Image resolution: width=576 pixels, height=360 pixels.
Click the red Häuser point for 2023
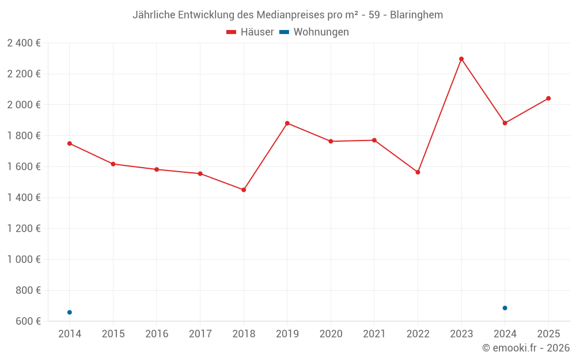461,59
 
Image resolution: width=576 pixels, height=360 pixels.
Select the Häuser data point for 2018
244,190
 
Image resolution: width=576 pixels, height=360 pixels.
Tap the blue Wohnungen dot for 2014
70,312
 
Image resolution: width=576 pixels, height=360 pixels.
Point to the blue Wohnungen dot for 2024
505,308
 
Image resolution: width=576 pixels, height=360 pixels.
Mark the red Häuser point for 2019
287,123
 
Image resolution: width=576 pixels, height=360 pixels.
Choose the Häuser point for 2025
548,98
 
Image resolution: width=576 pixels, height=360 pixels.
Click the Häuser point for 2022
418,172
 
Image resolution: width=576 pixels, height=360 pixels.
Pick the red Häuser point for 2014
70,143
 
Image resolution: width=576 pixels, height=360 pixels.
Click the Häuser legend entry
250,32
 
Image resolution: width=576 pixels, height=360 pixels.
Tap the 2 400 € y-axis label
24,43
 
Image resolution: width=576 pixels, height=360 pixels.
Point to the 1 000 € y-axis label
24,259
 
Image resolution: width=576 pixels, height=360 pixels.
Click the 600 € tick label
27,321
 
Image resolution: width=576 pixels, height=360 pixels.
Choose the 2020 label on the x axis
331,334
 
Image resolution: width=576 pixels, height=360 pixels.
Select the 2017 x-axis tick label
200,334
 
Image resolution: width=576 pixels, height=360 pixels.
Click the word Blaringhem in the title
416,15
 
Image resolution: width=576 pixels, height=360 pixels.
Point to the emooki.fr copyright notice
525,348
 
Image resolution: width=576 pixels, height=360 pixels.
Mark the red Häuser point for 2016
157,169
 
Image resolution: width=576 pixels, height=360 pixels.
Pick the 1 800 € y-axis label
24,135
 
